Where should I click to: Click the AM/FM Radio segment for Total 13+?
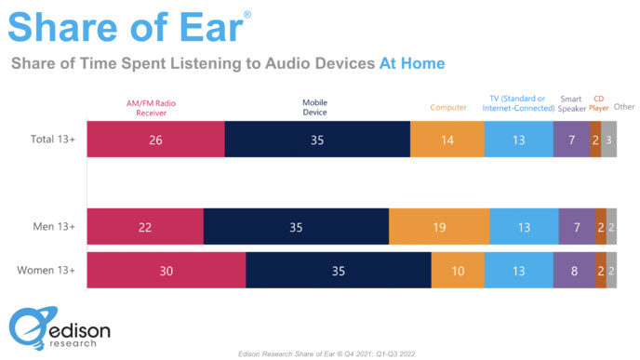click(x=155, y=140)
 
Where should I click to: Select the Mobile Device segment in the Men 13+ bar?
click(x=296, y=227)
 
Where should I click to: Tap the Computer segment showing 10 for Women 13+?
click(x=460, y=271)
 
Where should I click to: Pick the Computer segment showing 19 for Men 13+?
click(x=439, y=227)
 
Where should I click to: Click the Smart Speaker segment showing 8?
click(x=574, y=271)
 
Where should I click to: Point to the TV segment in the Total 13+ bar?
click(x=518, y=140)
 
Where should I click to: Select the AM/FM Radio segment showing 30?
click(x=166, y=271)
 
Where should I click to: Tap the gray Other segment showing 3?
click(x=608, y=140)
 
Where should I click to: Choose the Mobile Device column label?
click(x=314, y=107)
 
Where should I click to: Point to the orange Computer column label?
click(x=448, y=107)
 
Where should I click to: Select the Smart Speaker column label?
click(x=571, y=102)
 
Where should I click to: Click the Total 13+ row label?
click(x=52, y=140)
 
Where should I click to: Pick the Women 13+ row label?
click(x=47, y=271)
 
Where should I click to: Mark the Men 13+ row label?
click(x=52, y=227)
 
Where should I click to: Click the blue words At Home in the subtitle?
click(x=411, y=63)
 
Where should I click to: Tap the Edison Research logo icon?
click(x=28, y=329)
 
